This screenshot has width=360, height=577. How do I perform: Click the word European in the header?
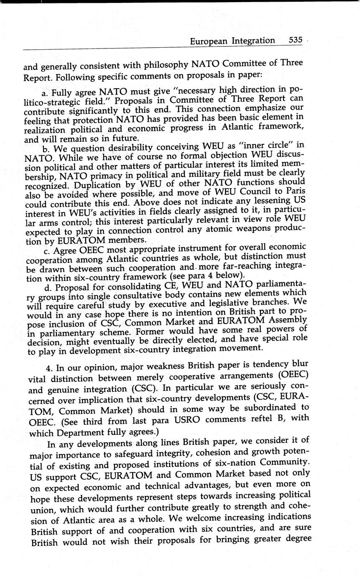pyautogui.click(x=210, y=41)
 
